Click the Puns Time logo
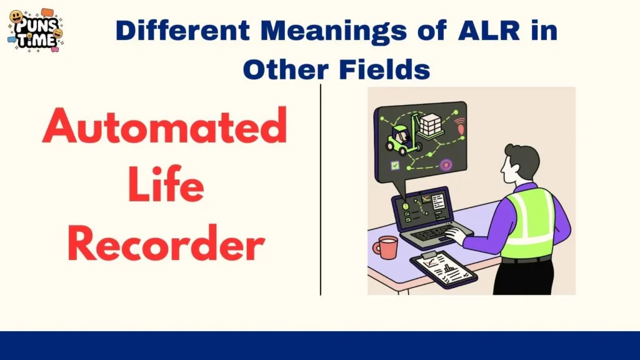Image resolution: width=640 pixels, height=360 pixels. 36,30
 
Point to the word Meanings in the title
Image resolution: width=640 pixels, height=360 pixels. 335,31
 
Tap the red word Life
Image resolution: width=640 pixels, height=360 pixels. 165,187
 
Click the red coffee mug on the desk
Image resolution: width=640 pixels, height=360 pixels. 386,247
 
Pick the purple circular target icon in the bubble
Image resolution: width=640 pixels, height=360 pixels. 446,165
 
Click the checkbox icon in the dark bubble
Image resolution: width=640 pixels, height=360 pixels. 395,166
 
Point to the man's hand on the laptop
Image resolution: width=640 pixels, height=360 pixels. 454,236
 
